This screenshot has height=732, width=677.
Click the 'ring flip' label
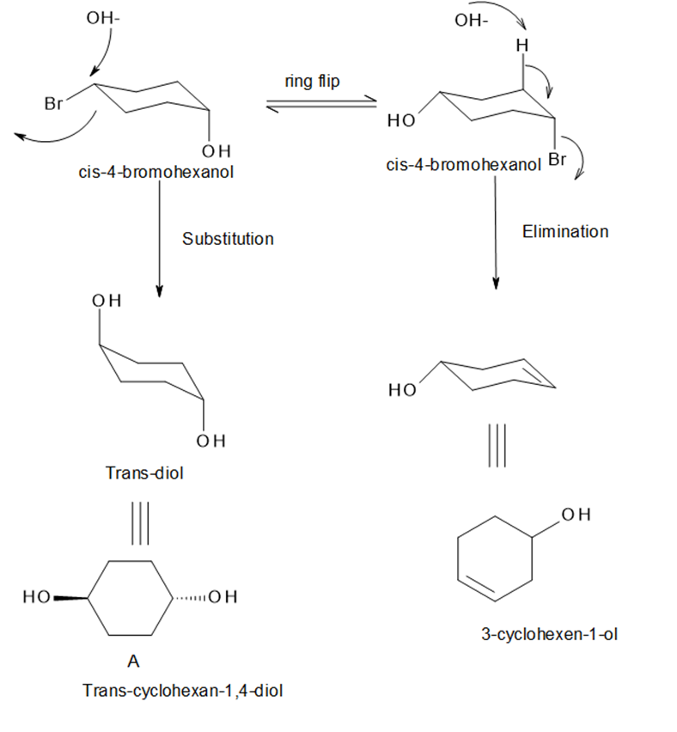(x=313, y=82)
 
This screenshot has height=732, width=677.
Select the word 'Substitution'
(x=228, y=239)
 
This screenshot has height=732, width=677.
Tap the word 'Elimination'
(x=565, y=232)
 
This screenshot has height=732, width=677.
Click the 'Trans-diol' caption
(x=144, y=473)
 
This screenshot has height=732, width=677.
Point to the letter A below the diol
(x=133, y=661)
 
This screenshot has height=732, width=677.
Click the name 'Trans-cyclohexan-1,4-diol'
(x=182, y=691)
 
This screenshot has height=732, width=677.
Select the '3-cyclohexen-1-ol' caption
(x=550, y=634)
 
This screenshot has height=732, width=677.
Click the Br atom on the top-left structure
(x=53, y=103)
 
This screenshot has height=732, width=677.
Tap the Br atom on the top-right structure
(x=557, y=159)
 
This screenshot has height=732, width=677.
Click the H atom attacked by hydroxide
(x=522, y=46)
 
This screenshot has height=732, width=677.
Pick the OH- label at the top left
(x=103, y=18)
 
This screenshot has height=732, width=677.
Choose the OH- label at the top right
(x=471, y=21)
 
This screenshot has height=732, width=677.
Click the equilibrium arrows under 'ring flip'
(x=321, y=104)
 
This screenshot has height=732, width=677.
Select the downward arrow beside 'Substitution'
(x=159, y=239)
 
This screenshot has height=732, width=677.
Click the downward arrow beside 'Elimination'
(x=496, y=233)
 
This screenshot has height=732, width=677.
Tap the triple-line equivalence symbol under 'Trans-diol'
(x=140, y=523)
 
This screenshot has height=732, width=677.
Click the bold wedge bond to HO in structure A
(x=70, y=598)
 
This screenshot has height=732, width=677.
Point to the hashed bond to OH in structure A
(x=190, y=598)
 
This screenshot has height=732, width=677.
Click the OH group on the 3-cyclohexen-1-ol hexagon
(x=576, y=515)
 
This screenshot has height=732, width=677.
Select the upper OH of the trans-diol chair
(x=107, y=301)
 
